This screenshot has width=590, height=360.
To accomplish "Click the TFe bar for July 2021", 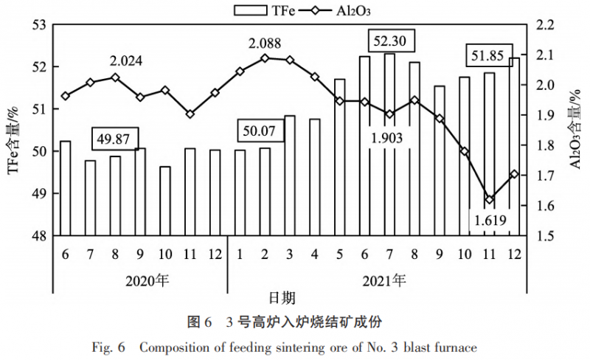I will point(389,145).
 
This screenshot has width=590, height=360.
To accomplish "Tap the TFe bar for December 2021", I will point(514,147).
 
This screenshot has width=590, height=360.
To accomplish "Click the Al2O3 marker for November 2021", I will point(489,199).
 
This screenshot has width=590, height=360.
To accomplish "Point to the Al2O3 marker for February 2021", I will point(265,58).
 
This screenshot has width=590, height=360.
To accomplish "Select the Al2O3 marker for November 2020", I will point(190,114).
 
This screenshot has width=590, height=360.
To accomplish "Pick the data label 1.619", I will point(489,221).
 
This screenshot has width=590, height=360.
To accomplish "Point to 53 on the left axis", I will point(38,25).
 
